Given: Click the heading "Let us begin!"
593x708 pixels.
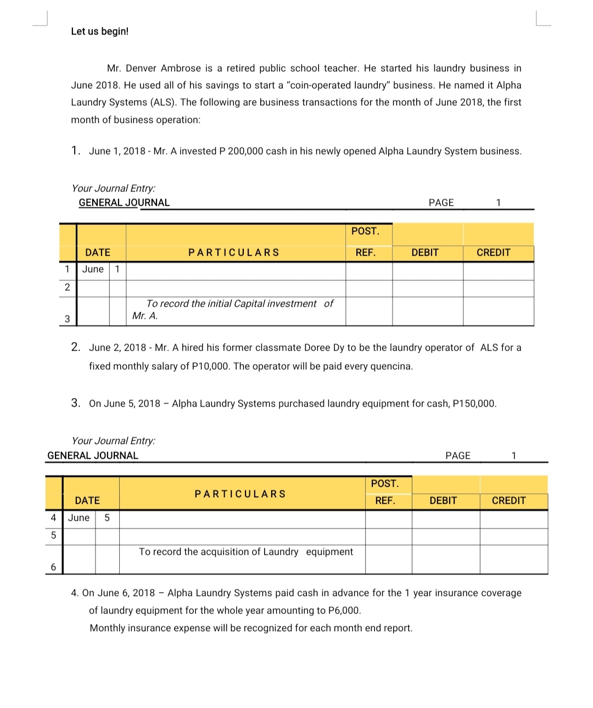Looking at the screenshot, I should tap(99, 31).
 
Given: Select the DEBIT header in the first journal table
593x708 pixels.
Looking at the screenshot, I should tap(425, 252).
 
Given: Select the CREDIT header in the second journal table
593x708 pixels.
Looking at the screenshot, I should tap(508, 501).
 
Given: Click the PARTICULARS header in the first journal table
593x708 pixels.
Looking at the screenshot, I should tap(234, 252).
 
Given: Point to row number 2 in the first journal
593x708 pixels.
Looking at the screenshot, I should tap(67, 287).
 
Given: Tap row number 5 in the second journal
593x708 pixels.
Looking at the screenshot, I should tap(53, 535).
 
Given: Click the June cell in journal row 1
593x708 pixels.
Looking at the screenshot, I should tap(93, 269).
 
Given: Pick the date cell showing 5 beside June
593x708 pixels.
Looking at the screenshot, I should tap(107, 518).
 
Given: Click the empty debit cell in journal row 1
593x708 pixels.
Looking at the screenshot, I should tap(427, 271).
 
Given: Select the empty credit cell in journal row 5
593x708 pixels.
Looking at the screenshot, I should tap(513, 536).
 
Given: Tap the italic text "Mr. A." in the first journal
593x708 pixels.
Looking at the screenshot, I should tap(145, 316).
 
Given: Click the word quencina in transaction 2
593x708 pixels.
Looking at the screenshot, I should tap(389, 366).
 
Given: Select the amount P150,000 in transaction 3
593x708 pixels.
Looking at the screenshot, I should tap(474, 403).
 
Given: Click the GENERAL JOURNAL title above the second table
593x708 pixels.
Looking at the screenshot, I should tap(93, 456).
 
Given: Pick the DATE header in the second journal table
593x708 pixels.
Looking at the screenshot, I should tap(87, 501).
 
